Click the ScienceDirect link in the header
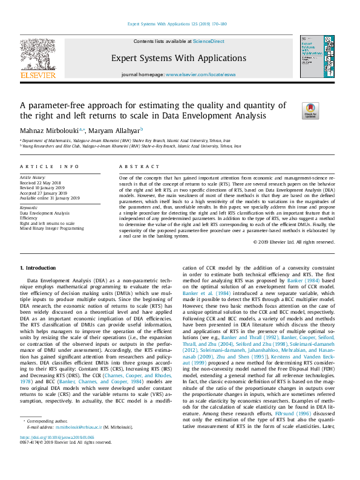tap(208, 41)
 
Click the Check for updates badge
tap(310, 110)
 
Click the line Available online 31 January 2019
tap(51, 198)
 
